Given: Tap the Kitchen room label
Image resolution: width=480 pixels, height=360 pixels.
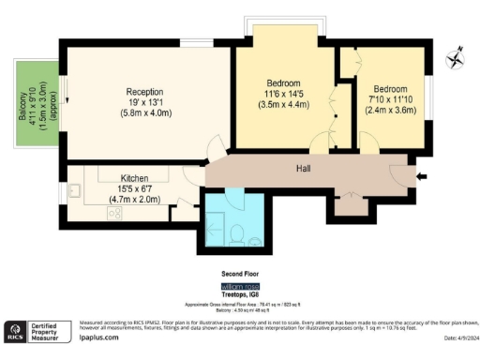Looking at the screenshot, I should click(135, 178).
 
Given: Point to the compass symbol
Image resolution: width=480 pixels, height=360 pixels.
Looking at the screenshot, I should click(457, 57).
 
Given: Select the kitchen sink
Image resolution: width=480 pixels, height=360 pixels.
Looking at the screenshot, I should click(78, 194).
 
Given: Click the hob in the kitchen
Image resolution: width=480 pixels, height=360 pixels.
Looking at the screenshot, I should click(115, 214).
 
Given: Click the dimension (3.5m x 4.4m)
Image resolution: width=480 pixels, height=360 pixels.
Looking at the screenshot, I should click(281, 106).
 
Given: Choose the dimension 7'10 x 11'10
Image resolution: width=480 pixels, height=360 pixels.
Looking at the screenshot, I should click(388, 97).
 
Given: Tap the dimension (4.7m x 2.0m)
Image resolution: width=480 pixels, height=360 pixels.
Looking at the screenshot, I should click(135, 199).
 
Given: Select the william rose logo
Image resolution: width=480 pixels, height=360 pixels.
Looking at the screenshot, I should click(239, 285).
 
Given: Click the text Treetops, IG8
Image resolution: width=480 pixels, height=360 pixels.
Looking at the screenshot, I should click(239, 293).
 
